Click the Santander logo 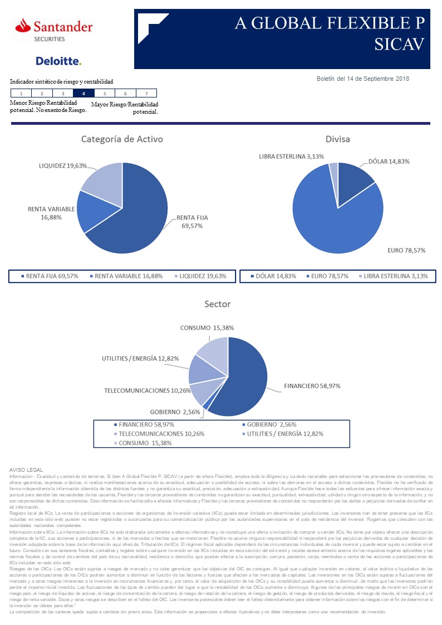pos(54,29)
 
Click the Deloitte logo pos(58,61)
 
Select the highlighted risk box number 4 pos(84,94)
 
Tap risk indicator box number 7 pos(146,94)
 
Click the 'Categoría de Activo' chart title pos(122,139)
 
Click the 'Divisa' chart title pos(338,139)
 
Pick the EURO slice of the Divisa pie pos(328,223)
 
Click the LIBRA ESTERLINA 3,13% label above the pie pos(291,157)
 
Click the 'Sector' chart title pos(217,304)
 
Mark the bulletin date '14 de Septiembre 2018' pos(379,79)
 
